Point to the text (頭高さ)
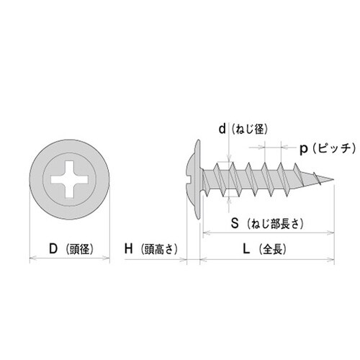158,250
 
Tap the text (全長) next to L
273,250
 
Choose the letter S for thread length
234,222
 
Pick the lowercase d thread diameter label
222,129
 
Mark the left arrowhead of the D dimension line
30,257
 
